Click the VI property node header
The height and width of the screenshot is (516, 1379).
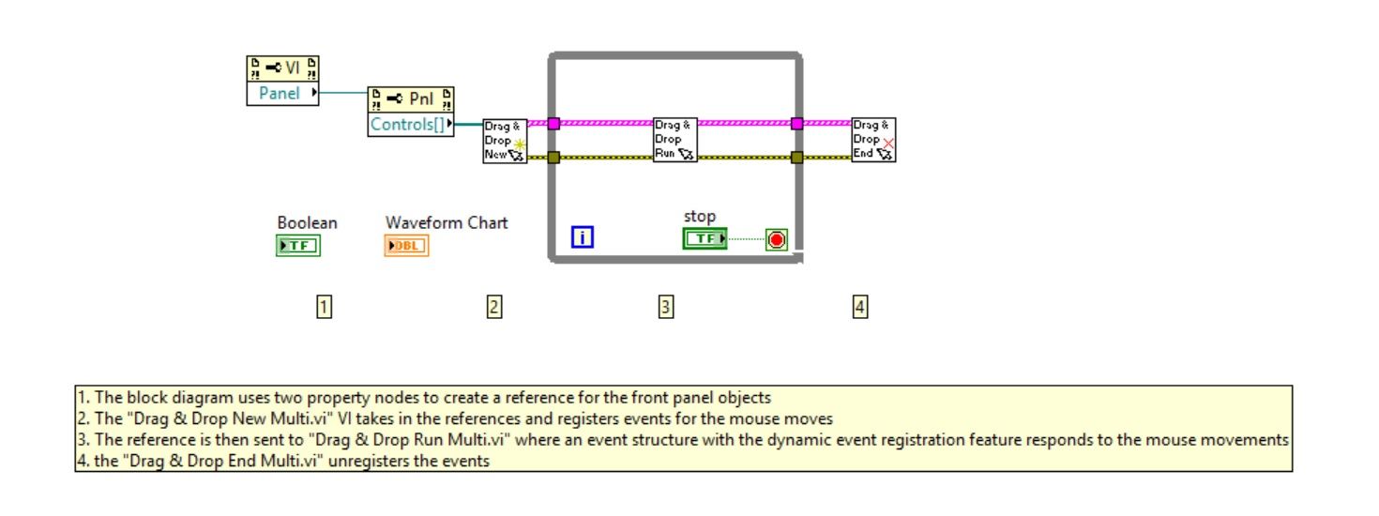click(x=282, y=68)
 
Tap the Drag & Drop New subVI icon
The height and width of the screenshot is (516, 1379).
click(x=505, y=141)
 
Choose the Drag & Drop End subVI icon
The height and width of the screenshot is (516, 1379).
click(x=873, y=140)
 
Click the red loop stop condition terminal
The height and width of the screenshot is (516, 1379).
click(x=776, y=239)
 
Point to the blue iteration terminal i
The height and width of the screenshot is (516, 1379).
click(x=583, y=237)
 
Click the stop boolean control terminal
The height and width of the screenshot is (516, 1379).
click(x=705, y=239)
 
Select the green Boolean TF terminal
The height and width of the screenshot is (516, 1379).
click(x=298, y=246)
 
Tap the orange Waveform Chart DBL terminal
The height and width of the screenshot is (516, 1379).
click(x=406, y=246)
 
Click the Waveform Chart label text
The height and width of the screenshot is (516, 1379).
click(x=447, y=222)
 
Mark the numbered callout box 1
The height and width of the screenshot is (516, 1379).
click(x=324, y=306)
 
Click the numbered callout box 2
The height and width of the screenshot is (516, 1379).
click(x=494, y=306)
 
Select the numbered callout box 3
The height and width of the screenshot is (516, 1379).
click(x=665, y=306)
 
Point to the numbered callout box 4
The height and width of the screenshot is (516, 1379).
click(x=860, y=306)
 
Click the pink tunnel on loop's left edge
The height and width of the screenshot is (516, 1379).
click(x=553, y=123)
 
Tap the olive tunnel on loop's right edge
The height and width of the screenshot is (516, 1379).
click(x=797, y=158)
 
